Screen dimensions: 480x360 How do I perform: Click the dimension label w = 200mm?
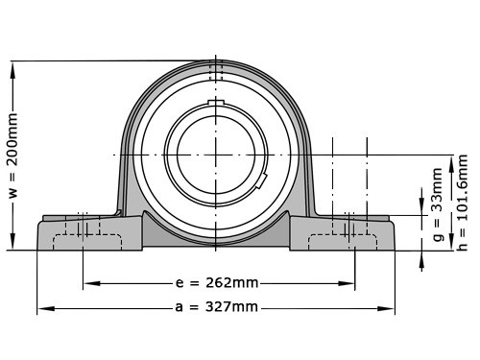(13, 156)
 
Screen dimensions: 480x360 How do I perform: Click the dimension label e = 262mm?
(217, 283)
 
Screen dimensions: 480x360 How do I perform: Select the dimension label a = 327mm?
(217, 307)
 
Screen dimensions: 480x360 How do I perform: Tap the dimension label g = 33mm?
(438, 204)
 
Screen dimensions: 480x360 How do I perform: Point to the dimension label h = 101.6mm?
(462, 203)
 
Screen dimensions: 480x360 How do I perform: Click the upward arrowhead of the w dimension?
(12, 70)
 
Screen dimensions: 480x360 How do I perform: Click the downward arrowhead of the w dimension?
(12, 241)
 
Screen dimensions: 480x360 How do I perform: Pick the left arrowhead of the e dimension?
(92, 283)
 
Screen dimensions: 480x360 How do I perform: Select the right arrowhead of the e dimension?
(347, 283)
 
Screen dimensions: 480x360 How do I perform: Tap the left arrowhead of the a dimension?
(46, 308)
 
